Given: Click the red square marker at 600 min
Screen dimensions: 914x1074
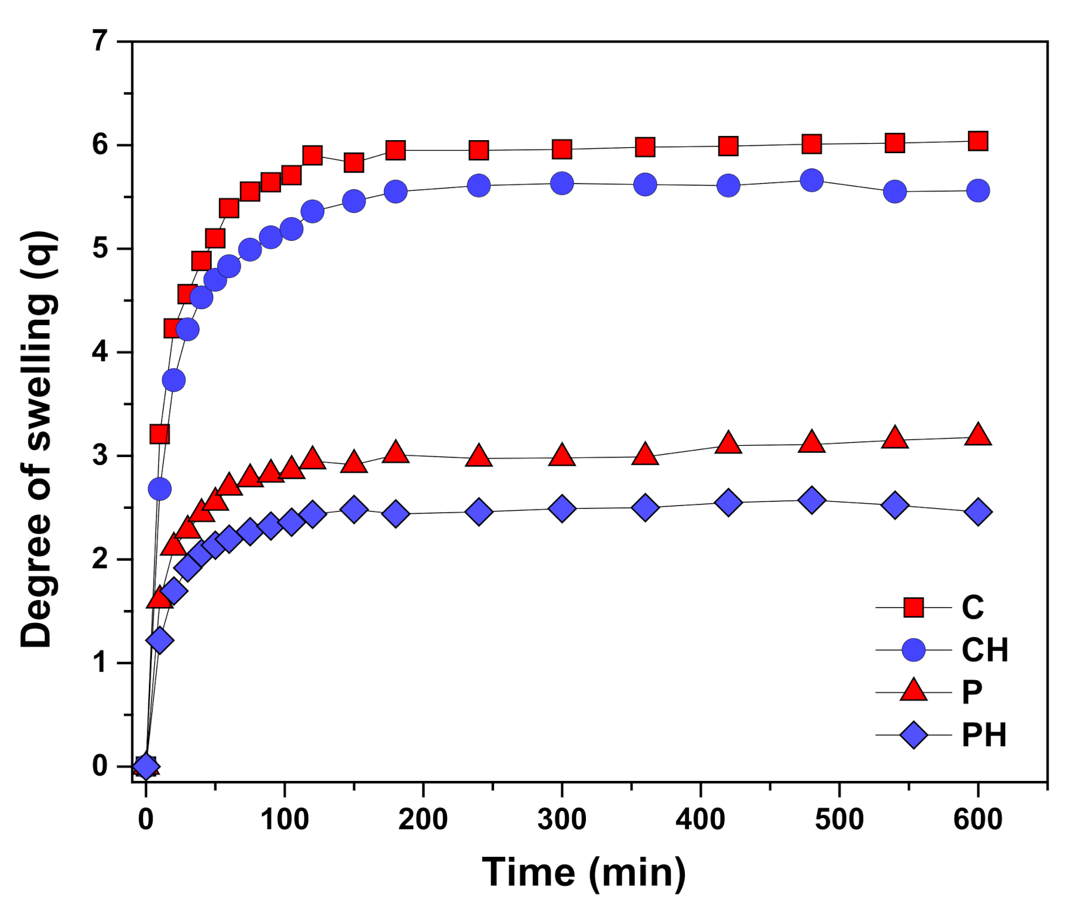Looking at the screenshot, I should (977, 141).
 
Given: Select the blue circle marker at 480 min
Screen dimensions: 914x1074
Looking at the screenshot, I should (811, 180).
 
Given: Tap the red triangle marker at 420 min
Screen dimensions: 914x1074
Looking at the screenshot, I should (728, 442).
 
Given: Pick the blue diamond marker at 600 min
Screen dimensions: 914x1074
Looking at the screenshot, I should (978, 512).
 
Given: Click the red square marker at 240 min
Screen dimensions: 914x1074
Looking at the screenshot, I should (479, 150).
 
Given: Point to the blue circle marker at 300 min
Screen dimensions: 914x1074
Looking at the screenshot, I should (562, 183).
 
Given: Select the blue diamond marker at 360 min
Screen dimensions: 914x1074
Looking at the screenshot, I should (645, 507).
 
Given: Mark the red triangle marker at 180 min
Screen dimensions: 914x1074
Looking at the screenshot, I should (396, 452).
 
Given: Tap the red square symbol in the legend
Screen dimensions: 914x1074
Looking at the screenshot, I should (913, 607).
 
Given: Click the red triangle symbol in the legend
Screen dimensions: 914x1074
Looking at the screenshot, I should (913, 691).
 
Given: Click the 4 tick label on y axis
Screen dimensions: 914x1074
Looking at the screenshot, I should (101, 352).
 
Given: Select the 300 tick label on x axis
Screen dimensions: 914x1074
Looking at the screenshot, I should (562, 820).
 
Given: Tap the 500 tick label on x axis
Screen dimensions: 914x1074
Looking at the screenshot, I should (839, 820).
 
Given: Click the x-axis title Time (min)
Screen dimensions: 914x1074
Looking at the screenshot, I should (584, 872).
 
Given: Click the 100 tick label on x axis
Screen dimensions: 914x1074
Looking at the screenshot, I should (284, 820).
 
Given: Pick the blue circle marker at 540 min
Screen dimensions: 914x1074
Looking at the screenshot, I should (894, 191).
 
